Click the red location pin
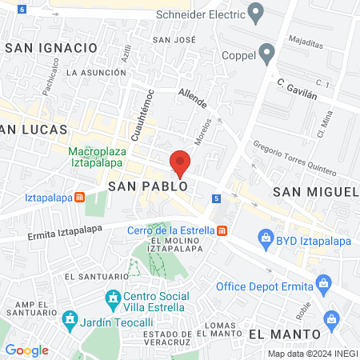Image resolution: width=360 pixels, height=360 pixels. [x=180, y=162]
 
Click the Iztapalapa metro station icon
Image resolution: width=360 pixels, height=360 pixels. [x=80, y=198]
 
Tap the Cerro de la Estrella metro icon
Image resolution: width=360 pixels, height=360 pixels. [x=222, y=231]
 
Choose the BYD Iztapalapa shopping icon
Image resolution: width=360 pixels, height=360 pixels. [x=266, y=238]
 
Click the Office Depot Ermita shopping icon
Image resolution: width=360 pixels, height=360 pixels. [x=324, y=282]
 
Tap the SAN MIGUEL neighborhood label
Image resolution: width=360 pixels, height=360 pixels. [x=316, y=192]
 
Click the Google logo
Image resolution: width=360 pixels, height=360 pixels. [x=26, y=350]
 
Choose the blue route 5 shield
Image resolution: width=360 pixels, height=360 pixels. [x=216, y=198]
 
